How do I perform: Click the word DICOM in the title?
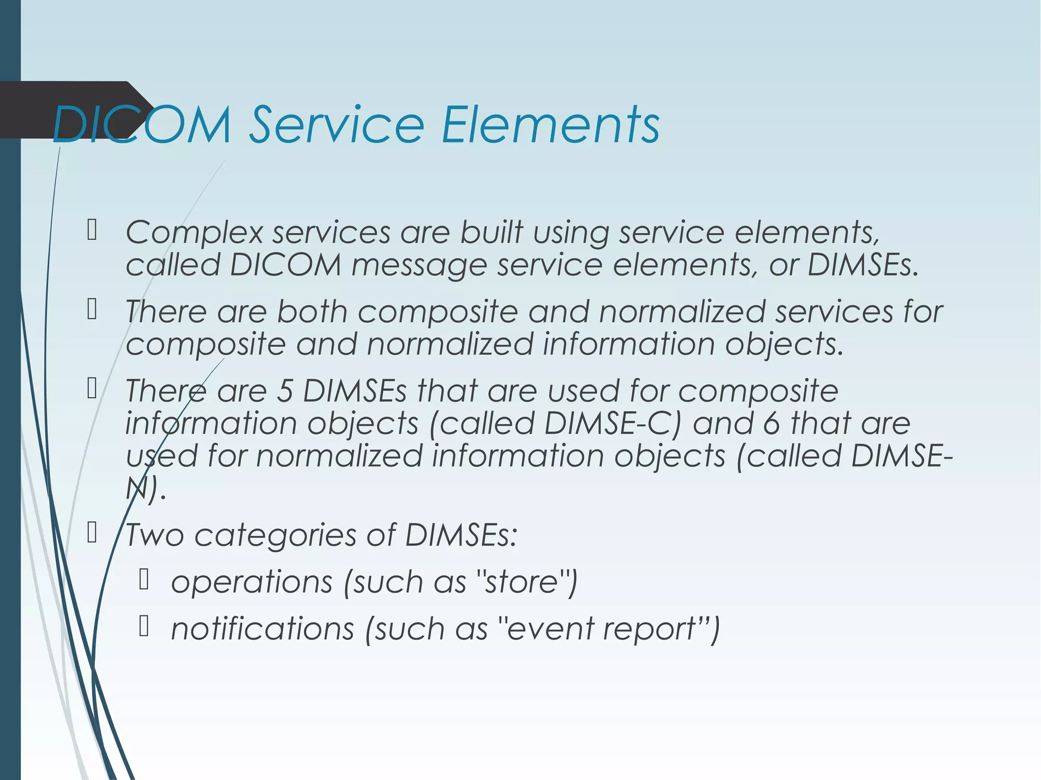pyautogui.click(x=142, y=124)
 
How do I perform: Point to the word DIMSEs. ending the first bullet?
pyautogui.click(x=863, y=265)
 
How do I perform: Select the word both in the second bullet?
pyautogui.click(x=312, y=311)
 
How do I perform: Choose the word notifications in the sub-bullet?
pyautogui.click(x=262, y=629)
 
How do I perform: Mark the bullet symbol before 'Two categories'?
pyautogui.click(x=92, y=533)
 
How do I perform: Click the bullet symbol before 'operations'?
pyautogui.click(x=144, y=580)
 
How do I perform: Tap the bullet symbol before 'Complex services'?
pyautogui.click(x=92, y=230)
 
